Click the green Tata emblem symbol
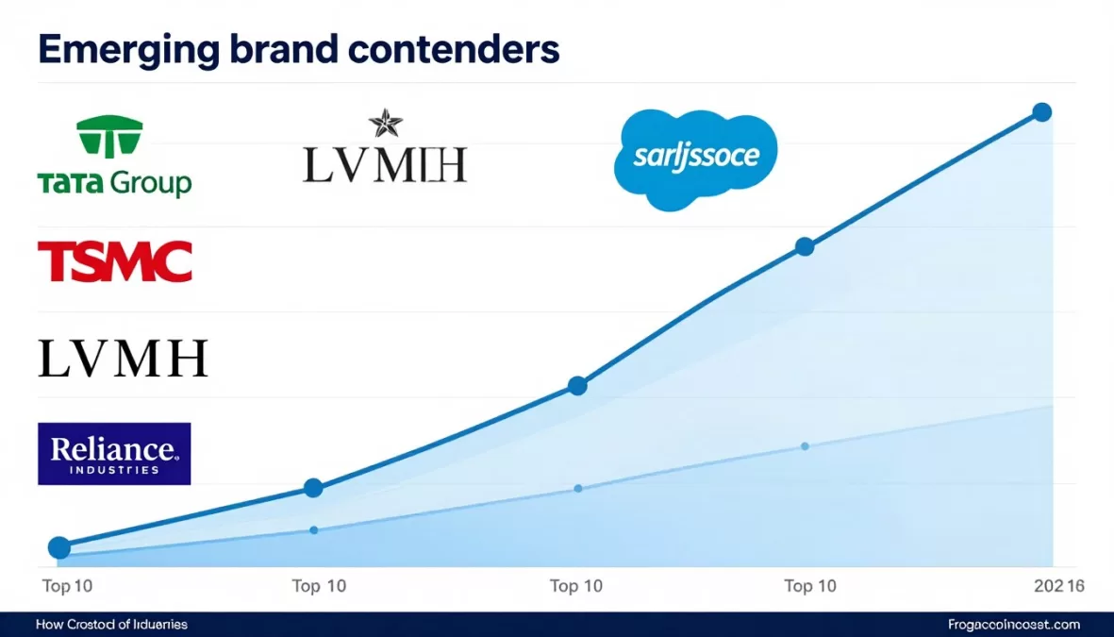[109, 137]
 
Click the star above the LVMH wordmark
[385, 124]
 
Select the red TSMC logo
[115, 261]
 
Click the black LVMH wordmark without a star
[123, 360]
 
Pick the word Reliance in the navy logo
[113, 448]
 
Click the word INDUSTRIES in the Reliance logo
[114, 469]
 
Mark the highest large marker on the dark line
[1041, 112]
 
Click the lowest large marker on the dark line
[58, 547]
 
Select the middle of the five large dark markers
[577, 385]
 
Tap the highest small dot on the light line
[805, 445]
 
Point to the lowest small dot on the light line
[313, 529]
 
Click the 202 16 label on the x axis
[1059, 586]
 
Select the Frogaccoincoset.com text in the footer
[1014, 625]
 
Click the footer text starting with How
[111, 625]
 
